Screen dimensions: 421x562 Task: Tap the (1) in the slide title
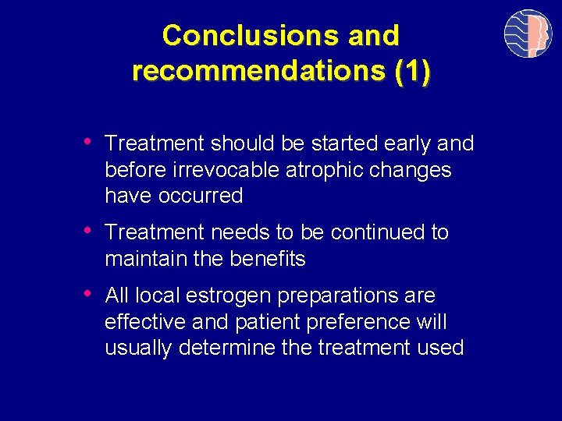click(412, 71)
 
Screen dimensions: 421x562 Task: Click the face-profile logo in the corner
click(528, 34)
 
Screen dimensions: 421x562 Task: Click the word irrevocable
click(219, 170)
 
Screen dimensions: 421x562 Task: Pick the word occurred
click(201, 196)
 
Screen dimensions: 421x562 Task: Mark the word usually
click(139, 348)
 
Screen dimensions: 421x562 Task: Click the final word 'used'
click(441, 348)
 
